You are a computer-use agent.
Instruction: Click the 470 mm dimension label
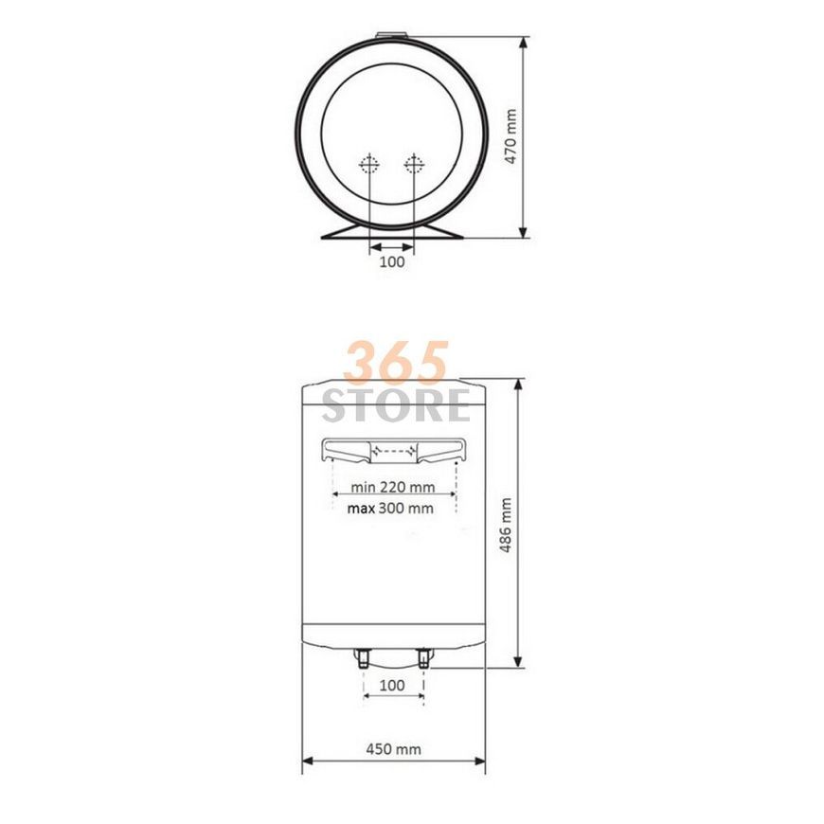point(511,136)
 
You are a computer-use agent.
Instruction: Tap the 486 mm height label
point(506,525)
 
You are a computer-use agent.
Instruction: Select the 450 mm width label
point(394,749)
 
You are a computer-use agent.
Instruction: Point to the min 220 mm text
point(393,487)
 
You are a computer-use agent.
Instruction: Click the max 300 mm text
point(390,509)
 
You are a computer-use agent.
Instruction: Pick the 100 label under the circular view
point(392,261)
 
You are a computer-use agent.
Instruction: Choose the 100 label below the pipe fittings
point(392,686)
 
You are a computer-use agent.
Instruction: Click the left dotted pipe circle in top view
point(369,165)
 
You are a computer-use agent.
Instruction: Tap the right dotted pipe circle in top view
point(414,165)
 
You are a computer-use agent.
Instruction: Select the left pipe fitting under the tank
point(364,658)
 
